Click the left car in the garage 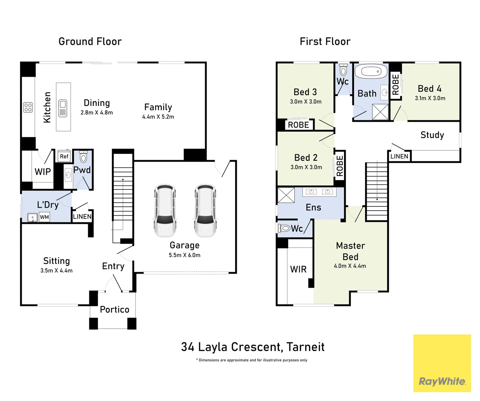(x=165, y=211)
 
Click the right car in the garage (x=205, y=211)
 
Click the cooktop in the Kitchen (x=28, y=107)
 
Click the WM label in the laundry (x=44, y=217)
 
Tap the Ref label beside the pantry (x=64, y=156)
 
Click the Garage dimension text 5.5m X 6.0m (x=184, y=255)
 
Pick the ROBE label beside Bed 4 (x=396, y=85)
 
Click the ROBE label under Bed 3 (x=299, y=125)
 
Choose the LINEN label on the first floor (x=399, y=156)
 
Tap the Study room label (x=432, y=135)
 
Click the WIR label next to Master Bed (x=298, y=269)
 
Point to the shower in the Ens (x=286, y=195)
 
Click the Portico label (x=115, y=309)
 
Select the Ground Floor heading (x=90, y=42)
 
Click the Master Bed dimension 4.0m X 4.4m (x=350, y=266)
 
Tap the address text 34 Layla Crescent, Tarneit (x=252, y=347)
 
